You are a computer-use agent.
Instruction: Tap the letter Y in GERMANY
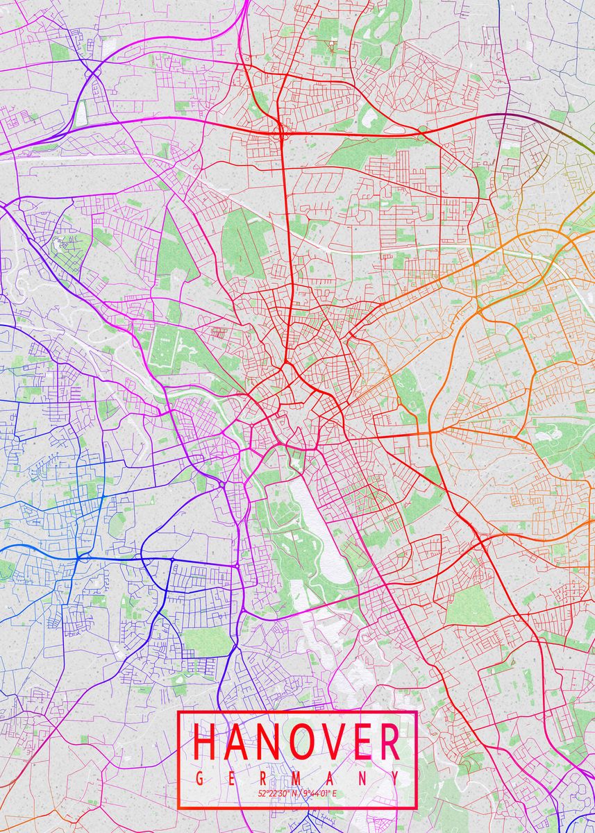394,779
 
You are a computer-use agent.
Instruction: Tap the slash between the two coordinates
299,793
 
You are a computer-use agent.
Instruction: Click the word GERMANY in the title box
297,779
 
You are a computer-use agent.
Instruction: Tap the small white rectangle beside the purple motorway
82,112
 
